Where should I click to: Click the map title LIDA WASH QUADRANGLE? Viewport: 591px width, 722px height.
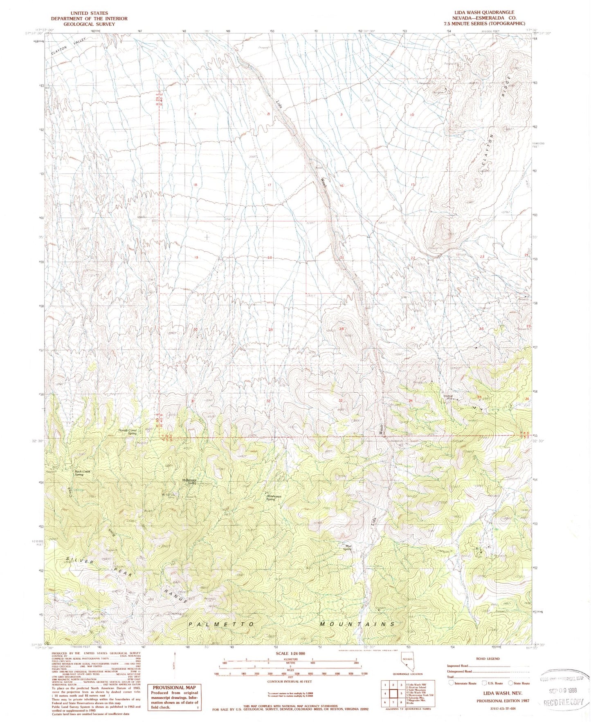click(486, 13)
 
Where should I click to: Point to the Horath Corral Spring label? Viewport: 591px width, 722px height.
click(127, 431)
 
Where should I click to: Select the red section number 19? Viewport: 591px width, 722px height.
click(196, 257)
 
